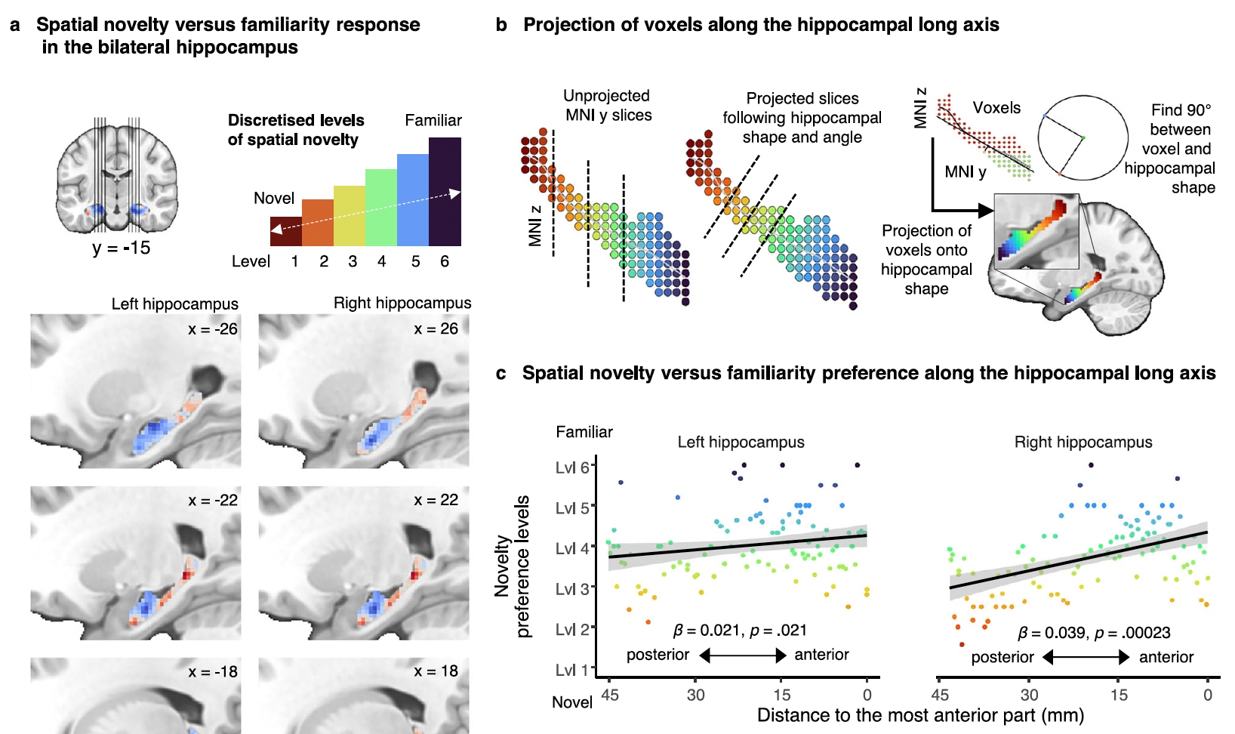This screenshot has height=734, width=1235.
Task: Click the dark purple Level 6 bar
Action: (445, 192)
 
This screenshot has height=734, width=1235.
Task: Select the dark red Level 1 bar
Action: (286, 231)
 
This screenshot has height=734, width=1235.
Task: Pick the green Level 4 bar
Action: (381, 208)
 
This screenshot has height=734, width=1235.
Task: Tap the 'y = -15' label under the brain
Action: (121, 248)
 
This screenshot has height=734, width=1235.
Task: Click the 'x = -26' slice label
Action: (213, 329)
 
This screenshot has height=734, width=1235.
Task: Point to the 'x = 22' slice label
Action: (436, 500)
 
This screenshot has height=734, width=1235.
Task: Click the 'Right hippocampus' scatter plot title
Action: (1083, 443)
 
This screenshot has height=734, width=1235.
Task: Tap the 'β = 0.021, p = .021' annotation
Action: (739, 630)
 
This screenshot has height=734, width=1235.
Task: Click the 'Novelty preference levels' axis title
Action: (513, 566)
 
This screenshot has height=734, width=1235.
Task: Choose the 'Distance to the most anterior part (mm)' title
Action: (920, 715)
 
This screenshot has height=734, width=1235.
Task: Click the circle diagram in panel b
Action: (1083, 137)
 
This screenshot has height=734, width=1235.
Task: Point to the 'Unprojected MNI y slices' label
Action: (607, 106)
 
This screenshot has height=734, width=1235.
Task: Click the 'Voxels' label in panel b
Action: (996, 108)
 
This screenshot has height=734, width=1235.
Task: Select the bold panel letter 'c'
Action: (501, 373)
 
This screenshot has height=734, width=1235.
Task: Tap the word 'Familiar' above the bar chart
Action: (433, 120)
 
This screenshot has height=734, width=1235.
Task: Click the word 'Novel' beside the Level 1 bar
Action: (273, 199)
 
